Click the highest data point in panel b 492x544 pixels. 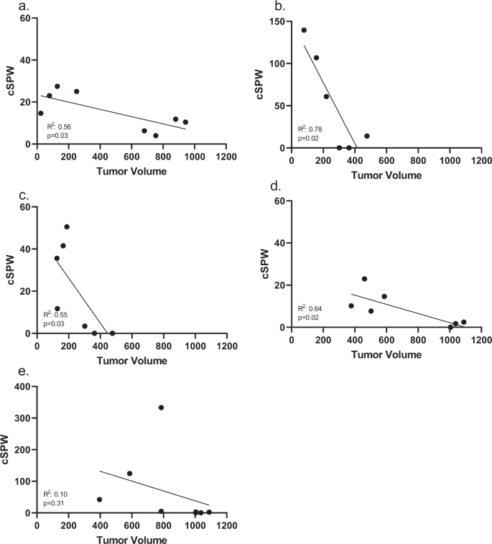pyautogui.click(x=304, y=30)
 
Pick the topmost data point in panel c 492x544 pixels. pyautogui.click(x=67, y=226)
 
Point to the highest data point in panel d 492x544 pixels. pyautogui.click(x=364, y=279)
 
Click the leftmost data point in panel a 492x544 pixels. pyautogui.click(x=41, y=113)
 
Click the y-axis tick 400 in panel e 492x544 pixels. pyautogui.click(x=22, y=387)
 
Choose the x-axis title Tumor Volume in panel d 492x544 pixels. pyautogui.click(x=386, y=354)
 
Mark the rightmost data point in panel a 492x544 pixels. pyautogui.click(x=185, y=122)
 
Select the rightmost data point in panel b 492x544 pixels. pyautogui.click(x=366, y=136)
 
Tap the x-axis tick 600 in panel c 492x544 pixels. pyautogui.click(x=131, y=344)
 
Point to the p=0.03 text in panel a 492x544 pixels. pyautogui.click(x=56, y=134)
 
